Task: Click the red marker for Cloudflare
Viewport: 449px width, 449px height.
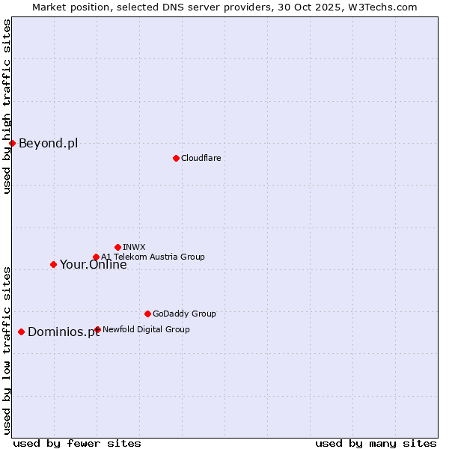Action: (176, 158)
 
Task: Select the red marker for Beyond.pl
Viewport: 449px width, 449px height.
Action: (12, 143)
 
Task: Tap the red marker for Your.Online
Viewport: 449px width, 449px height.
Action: (53, 264)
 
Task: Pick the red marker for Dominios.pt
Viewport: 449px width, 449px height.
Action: (21, 332)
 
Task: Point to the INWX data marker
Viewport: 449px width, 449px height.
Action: (117, 247)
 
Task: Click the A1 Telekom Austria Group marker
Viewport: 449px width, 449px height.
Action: (96, 257)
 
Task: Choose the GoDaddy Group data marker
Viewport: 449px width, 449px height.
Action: (147, 314)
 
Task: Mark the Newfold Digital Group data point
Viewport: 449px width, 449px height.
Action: (97, 329)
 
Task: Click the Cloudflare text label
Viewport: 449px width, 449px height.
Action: (201, 158)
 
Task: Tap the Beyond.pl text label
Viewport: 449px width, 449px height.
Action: (48, 143)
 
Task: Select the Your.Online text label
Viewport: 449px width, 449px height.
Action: (93, 264)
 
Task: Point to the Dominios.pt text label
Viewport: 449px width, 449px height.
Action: (64, 332)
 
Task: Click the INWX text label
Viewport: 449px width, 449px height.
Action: (134, 247)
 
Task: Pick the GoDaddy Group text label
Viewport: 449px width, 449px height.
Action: (184, 314)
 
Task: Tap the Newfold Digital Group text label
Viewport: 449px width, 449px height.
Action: (146, 329)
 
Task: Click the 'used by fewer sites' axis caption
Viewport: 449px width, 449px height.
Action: (77, 443)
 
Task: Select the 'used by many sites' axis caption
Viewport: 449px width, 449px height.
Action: (376, 443)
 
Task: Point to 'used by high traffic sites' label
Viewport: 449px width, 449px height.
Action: (7, 107)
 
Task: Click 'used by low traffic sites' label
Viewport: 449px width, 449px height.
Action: (7, 349)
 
